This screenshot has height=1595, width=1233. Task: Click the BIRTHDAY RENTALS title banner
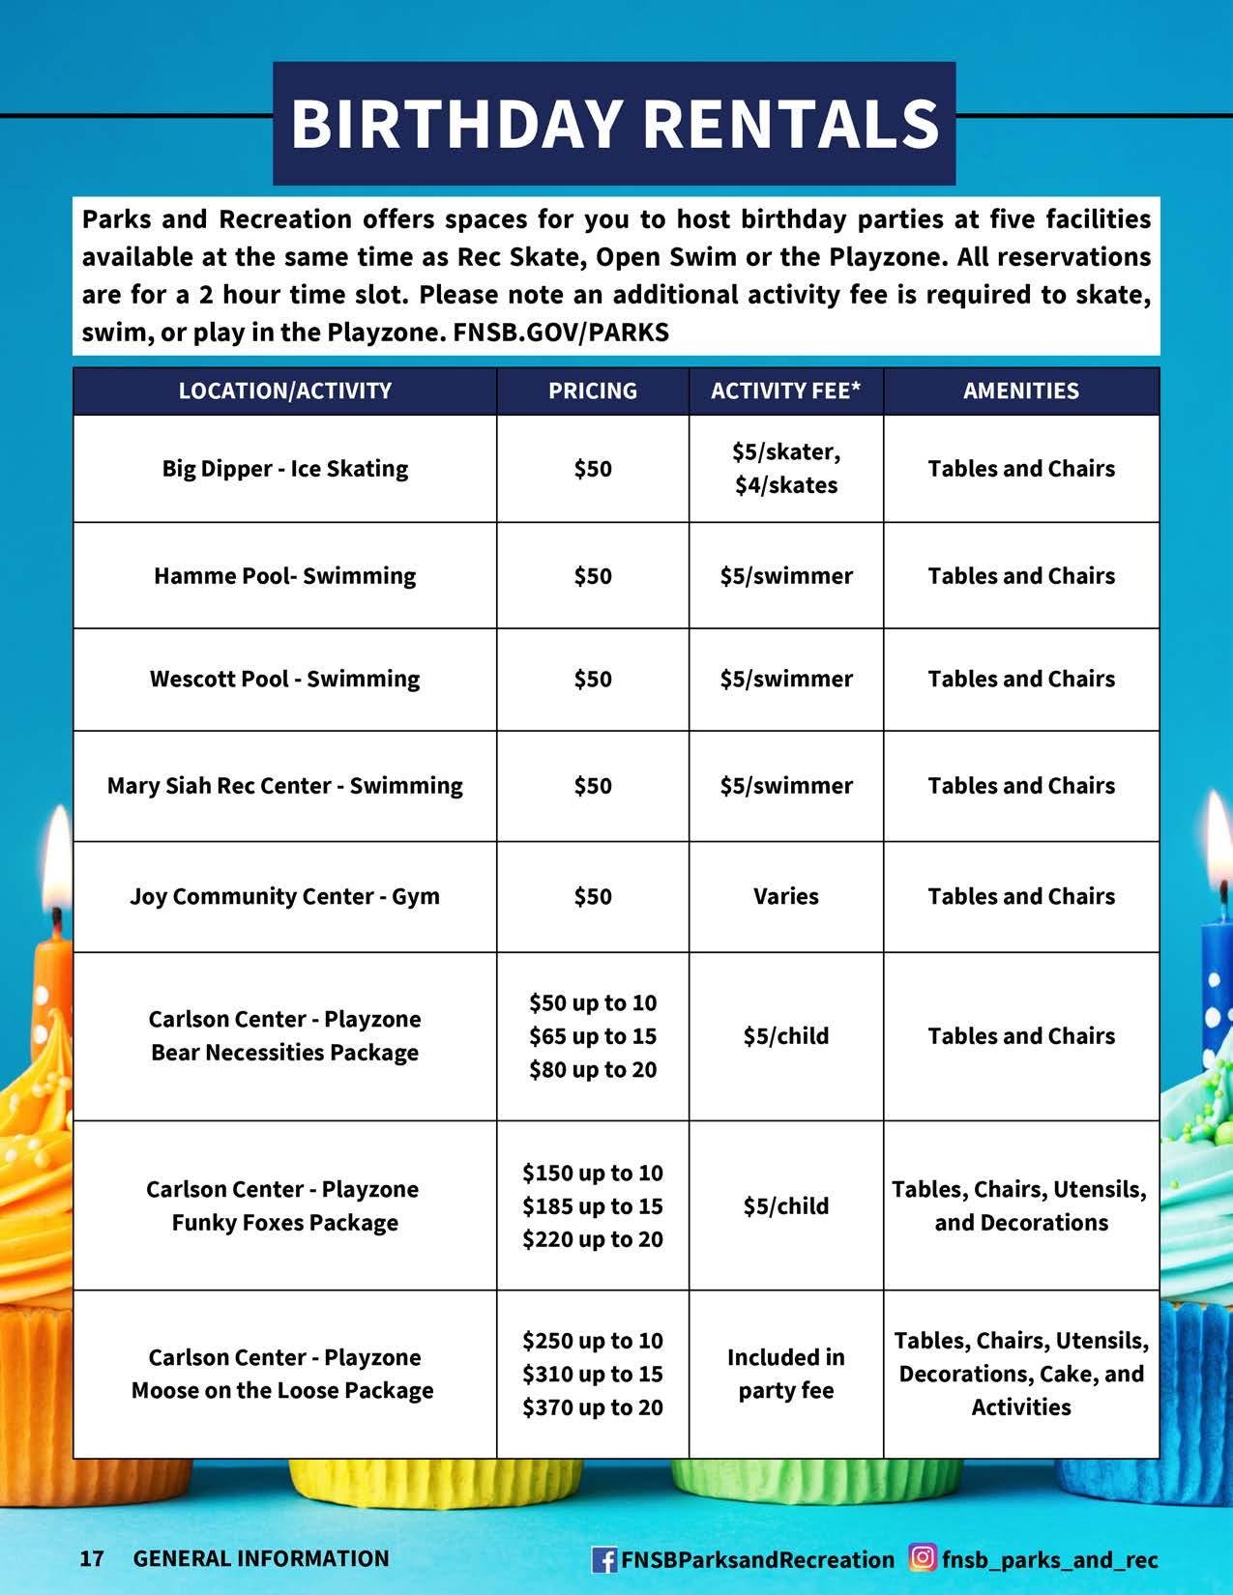[614, 124]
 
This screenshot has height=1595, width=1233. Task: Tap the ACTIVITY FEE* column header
[785, 391]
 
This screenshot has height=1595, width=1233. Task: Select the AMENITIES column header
[1020, 391]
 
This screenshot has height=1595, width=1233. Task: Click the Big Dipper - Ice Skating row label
[284, 469]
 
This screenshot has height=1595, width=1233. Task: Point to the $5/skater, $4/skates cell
[785, 469]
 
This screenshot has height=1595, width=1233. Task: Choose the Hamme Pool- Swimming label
[284, 576]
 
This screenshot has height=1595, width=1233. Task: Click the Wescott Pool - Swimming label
[284, 679]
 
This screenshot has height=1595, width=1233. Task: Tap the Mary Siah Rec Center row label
[284, 786]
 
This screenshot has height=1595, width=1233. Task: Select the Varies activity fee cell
[785, 896]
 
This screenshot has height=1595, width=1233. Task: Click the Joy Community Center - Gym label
[284, 896]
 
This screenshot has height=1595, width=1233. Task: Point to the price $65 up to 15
[592, 1036]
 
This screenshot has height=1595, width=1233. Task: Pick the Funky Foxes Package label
[284, 1223]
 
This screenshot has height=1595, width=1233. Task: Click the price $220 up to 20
[592, 1239]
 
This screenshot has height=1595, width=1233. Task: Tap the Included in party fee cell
[785, 1374]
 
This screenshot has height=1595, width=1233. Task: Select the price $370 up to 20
[592, 1407]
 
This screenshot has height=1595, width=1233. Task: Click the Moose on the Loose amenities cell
[1020, 1374]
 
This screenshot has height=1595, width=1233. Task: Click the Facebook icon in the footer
[603, 1559]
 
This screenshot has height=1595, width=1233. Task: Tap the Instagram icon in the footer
[924, 1558]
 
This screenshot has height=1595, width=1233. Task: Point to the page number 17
[92, 1558]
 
